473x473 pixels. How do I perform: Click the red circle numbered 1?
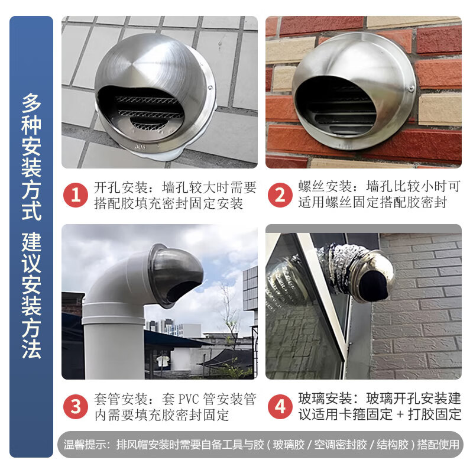[x=76, y=195]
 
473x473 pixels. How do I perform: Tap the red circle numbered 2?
[x=280, y=195]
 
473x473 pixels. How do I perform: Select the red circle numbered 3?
[x=76, y=407]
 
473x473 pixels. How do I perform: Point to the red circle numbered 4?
[x=280, y=406]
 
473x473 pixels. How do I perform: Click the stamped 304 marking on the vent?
[x=140, y=147]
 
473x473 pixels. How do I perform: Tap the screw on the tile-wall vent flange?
[x=210, y=88]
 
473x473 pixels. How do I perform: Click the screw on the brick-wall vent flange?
[x=411, y=89]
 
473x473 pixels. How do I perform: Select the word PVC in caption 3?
[x=189, y=399]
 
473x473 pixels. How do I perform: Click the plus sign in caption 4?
[x=400, y=414]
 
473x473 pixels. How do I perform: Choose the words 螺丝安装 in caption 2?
[x=325, y=186]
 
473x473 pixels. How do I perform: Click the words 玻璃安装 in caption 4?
[x=325, y=399]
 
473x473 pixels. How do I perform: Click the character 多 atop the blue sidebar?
[x=31, y=102]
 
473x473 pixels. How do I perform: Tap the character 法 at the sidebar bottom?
[x=31, y=349]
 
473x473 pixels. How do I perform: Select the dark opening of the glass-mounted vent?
[x=373, y=286]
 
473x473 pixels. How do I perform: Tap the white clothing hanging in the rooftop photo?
[x=163, y=361]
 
